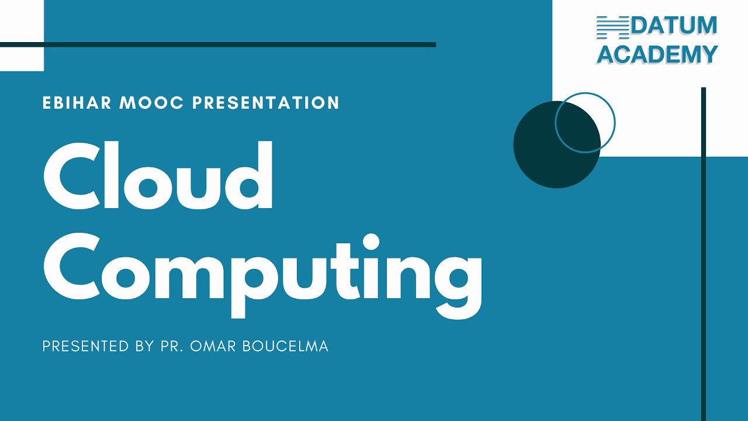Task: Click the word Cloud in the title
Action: pos(158,175)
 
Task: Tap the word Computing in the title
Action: pos(263,272)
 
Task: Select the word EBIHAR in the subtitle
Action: pos(77,103)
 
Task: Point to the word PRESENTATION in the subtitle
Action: pos(266,103)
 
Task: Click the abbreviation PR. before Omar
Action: pos(174,346)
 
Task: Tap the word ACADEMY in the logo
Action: pos(657,54)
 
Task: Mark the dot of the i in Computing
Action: pos(370,242)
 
